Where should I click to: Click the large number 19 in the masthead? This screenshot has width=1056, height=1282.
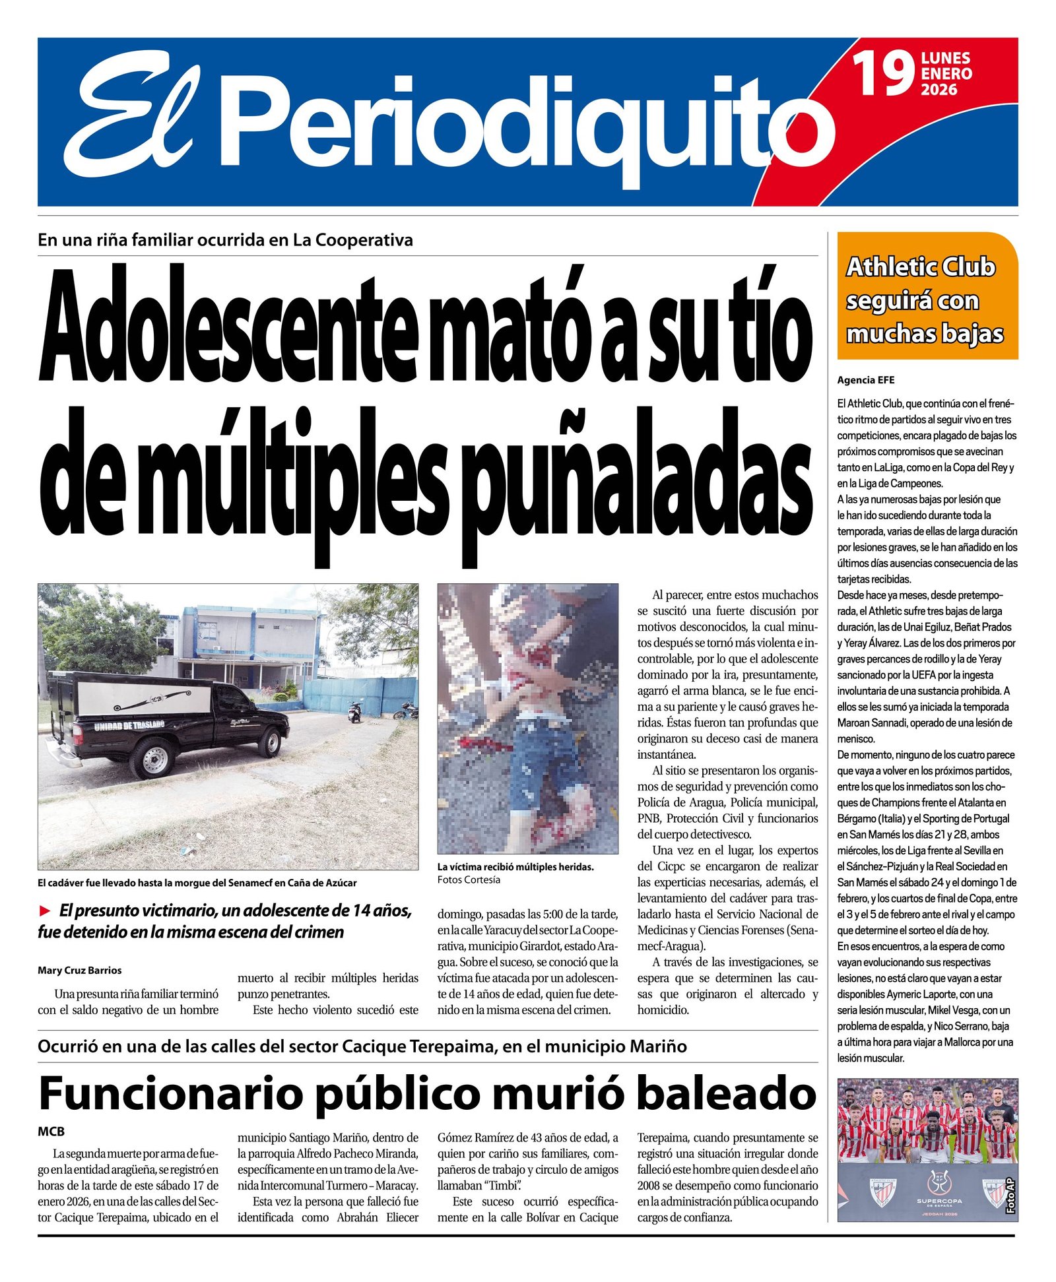(x=882, y=74)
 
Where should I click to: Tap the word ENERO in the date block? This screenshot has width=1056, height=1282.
(x=946, y=73)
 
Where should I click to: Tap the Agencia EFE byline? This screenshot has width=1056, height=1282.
(x=865, y=380)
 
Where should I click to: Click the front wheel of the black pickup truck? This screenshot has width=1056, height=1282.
(x=269, y=742)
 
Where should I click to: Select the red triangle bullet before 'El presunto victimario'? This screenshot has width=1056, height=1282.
(x=45, y=911)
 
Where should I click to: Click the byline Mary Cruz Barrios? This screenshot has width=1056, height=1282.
(x=79, y=970)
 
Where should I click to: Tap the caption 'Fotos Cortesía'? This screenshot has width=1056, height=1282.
(x=468, y=880)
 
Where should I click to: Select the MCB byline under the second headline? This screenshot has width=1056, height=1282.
(x=51, y=1131)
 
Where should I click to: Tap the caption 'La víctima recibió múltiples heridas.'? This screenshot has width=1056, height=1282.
(x=515, y=867)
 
